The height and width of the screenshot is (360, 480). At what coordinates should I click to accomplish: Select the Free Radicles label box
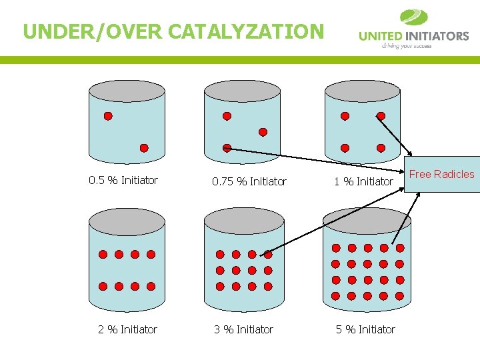(442, 174)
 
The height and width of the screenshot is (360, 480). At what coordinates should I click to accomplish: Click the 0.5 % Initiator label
(123, 180)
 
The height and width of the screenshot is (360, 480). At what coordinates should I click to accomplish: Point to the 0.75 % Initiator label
(249, 181)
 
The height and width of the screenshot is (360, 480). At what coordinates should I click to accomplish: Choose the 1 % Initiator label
(364, 181)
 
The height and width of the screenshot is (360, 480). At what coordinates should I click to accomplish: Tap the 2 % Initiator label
(128, 329)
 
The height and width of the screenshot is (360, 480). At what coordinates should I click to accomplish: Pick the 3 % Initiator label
(243, 329)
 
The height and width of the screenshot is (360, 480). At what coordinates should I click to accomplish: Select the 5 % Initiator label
(365, 329)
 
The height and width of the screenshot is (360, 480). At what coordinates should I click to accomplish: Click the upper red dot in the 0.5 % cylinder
(108, 116)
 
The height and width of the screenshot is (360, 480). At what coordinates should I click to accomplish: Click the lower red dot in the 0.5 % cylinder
(144, 148)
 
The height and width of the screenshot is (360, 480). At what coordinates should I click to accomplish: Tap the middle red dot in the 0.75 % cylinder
(263, 131)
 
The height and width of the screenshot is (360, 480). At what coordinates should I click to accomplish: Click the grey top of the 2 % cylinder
(127, 219)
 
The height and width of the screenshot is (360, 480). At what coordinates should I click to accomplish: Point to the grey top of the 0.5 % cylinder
(127, 91)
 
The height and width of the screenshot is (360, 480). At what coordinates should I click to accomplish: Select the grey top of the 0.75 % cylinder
(243, 91)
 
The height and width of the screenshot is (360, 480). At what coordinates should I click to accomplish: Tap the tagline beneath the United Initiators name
(406, 46)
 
